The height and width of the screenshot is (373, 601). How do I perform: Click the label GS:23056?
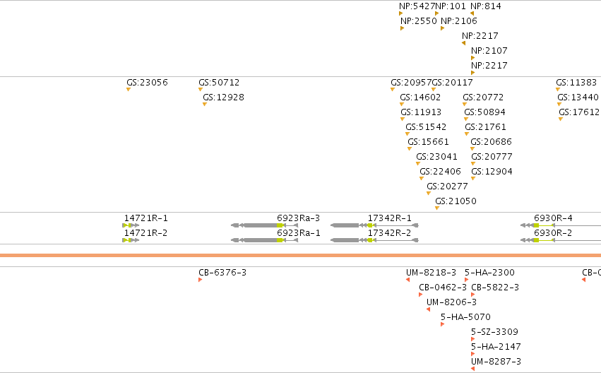[x=147, y=83]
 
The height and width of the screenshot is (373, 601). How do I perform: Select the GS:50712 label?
[x=219, y=83]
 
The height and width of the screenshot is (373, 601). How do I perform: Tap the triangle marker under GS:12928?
[x=205, y=105]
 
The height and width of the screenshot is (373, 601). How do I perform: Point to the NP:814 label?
[x=486, y=6]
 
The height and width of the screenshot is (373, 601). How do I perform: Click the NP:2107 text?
[x=489, y=51]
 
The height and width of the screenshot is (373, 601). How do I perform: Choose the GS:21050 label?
[x=456, y=201]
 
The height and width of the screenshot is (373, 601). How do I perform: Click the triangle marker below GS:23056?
[x=129, y=89]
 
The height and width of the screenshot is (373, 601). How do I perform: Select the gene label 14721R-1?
[x=146, y=218]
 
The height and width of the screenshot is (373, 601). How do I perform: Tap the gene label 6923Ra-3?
[x=298, y=218]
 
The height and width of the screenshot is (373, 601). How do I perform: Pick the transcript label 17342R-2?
[x=389, y=233]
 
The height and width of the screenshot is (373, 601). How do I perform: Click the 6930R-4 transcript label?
[x=553, y=218]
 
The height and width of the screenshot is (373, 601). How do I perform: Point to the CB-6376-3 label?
[x=222, y=273]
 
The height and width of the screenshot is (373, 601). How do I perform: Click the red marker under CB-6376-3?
[x=200, y=280]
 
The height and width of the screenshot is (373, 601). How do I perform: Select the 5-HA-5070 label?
[x=465, y=317]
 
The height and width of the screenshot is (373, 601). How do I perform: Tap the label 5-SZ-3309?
[x=494, y=332]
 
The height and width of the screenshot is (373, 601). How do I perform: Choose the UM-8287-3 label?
[x=496, y=362]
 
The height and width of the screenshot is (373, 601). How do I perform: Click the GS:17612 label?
[x=579, y=112]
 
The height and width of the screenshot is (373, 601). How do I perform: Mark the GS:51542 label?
[x=426, y=127]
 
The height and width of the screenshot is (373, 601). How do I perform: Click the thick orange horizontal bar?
[x=301, y=255]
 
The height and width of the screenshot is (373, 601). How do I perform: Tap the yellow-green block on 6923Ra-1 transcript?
[x=280, y=240]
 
